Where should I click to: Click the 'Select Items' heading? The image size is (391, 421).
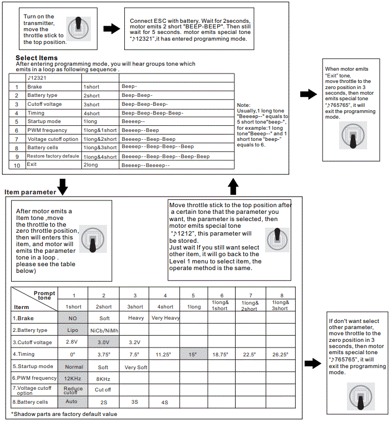[x=36, y=58]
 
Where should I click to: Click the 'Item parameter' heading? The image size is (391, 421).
[x=30, y=192]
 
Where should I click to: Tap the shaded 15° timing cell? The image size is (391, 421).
[x=193, y=354]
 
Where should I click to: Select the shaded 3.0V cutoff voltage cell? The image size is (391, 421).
[x=103, y=342]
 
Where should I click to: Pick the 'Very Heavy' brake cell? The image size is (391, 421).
[x=165, y=318]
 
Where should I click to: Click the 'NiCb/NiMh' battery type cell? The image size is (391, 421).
[x=103, y=330]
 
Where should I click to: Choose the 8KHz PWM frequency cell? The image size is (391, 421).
[x=103, y=378]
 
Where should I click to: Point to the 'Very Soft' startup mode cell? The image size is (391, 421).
[x=135, y=367]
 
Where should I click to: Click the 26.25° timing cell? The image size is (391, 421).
[x=280, y=354]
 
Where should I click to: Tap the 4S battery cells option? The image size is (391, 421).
[x=165, y=402]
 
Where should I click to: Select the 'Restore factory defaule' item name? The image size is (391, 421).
[x=53, y=156]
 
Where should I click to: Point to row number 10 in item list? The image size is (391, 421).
[x=17, y=165]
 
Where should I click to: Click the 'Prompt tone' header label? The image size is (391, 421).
[x=45, y=296]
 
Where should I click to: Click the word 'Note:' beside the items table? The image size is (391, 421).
[x=244, y=105]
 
